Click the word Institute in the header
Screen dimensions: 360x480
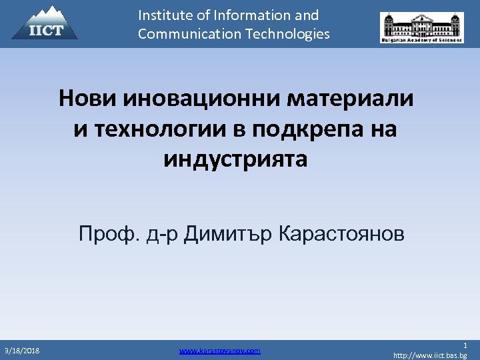click(x=164, y=15)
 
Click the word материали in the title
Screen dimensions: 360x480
click(x=351, y=99)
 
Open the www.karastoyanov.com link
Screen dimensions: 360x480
click(x=220, y=350)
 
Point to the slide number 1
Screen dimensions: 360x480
click(x=465, y=345)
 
